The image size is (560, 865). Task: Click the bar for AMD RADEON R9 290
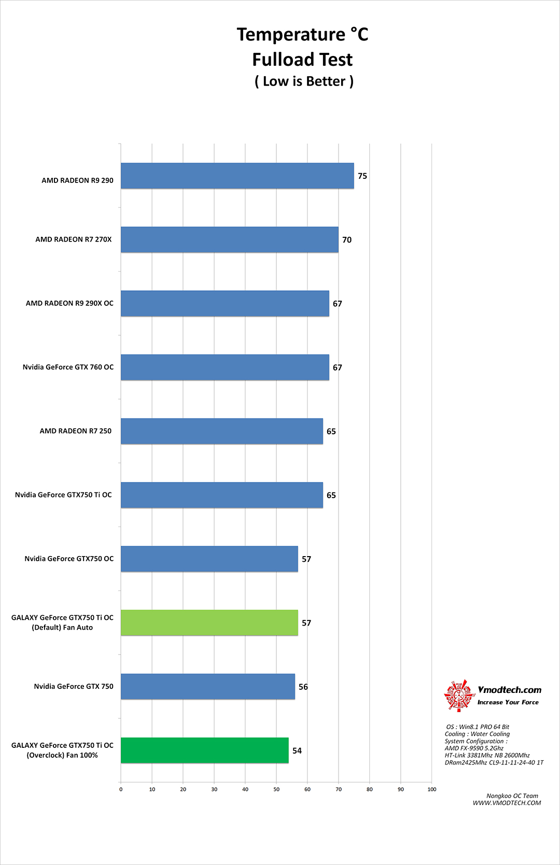[237, 176]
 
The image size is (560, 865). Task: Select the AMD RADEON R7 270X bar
[229, 239]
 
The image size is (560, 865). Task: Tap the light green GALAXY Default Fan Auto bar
[209, 622]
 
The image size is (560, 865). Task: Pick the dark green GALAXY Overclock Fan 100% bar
[204, 750]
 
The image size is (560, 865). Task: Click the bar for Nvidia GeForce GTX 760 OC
[225, 367]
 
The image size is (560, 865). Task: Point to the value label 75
[362, 176]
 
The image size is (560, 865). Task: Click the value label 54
[297, 750]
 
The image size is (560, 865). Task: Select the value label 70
[347, 240]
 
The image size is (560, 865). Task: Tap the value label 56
[303, 687]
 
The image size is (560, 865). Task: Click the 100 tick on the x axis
[432, 789]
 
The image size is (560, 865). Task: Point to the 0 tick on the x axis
[121, 789]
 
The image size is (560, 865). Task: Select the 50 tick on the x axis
[276, 789]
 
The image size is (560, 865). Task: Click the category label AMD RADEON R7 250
[76, 431]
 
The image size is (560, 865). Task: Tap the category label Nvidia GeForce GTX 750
[74, 686]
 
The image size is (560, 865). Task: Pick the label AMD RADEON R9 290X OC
[69, 303]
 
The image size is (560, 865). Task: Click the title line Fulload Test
[302, 60]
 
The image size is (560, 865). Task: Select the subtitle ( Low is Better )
[304, 81]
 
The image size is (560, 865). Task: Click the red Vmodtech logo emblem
[458, 695]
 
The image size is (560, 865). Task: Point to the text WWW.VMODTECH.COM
[507, 803]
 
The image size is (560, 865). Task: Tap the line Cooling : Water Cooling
[477, 734]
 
